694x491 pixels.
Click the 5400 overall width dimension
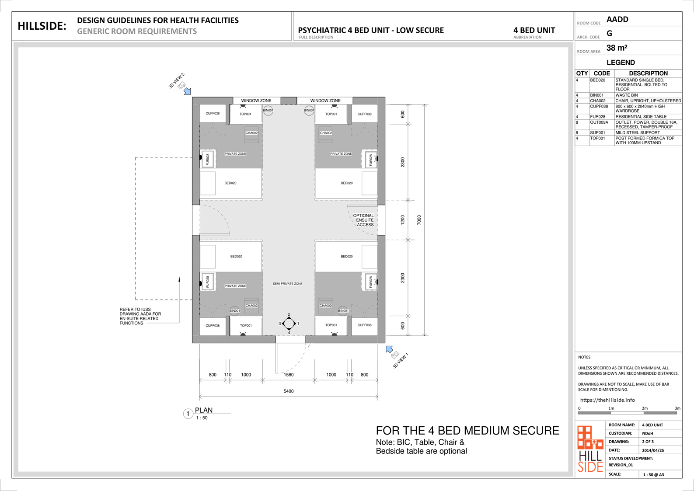point(289,391)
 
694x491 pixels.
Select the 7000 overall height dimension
point(419,220)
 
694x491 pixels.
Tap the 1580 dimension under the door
point(289,375)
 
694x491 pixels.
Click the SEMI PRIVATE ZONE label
point(287,284)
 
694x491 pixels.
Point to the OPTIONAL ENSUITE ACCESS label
point(363,220)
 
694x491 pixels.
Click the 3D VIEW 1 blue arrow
point(389,349)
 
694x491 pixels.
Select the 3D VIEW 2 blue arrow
point(187,91)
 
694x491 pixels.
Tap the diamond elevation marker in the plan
point(289,324)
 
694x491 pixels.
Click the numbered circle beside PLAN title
point(188,414)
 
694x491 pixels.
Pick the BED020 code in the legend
point(598,80)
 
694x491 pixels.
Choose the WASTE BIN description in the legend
point(627,95)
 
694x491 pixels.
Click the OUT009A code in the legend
point(599,123)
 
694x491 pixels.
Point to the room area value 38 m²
point(617,48)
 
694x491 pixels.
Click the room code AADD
point(617,20)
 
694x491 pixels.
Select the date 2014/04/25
point(653,450)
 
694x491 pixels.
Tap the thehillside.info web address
point(607,400)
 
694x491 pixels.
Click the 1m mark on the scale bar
point(611,408)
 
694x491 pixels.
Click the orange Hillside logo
point(590,449)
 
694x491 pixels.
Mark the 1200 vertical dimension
point(402,220)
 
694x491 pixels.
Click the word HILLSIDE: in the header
point(42,26)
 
